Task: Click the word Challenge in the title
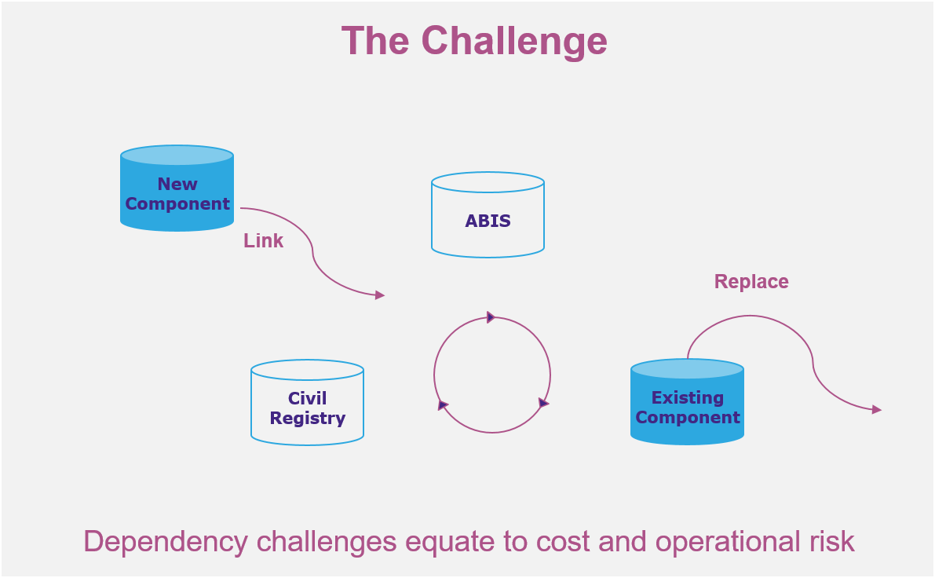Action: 514,42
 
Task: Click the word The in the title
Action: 375,41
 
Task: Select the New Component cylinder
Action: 177,188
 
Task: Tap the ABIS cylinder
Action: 488,214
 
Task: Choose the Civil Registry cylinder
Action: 307,403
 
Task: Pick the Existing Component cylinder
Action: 687,401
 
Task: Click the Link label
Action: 263,240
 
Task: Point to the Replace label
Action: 751,281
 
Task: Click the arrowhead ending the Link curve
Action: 380,294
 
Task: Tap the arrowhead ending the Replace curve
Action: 877,410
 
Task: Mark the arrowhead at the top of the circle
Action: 491,317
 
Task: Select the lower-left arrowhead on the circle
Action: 443,405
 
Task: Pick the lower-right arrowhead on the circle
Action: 543,403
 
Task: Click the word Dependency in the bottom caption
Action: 165,542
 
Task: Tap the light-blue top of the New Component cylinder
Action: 177,155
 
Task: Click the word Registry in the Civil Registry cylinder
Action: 307,419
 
